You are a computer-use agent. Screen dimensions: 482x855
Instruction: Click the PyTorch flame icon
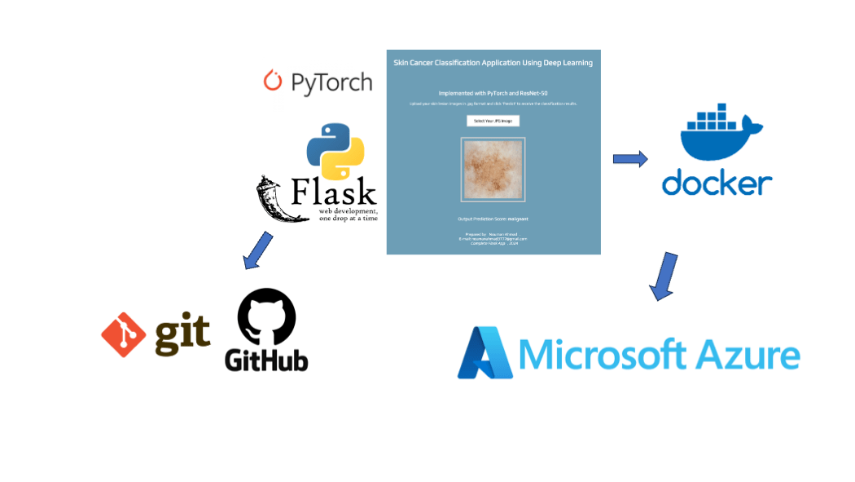pyautogui.click(x=273, y=80)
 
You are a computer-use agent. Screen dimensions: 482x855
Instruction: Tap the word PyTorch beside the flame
pyautogui.click(x=329, y=82)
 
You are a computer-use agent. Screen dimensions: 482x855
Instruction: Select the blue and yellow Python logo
pyautogui.click(x=335, y=152)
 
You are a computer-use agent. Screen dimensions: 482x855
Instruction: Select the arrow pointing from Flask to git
pyautogui.click(x=257, y=250)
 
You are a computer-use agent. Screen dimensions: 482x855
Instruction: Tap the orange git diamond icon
pyautogui.click(x=125, y=334)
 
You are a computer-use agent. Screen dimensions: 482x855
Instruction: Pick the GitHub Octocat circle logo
pyautogui.click(x=266, y=318)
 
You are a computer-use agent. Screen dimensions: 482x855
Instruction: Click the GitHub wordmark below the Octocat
pyautogui.click(x=266, y=360)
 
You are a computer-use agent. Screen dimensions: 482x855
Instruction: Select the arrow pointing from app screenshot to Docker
pyautogui.click(x=629, y=158)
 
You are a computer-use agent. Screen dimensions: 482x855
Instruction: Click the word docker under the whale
pyautogui.click(x=717, y=182)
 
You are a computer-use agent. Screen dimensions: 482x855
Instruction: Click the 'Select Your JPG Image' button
pyautogui.click(x=493, y=121)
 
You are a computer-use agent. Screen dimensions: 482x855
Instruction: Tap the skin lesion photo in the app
pyautogui.click(x=493, y=170)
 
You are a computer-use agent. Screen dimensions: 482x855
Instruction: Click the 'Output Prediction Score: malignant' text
pyautogui.click(x=493, y=219)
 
